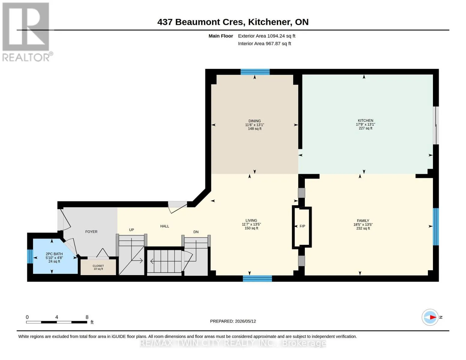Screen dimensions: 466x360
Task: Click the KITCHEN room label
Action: coord(365,121)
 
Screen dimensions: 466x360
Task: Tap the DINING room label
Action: coord(254,121)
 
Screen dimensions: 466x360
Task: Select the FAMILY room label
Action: coord(363,220)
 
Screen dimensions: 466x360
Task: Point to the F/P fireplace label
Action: coord(302,226)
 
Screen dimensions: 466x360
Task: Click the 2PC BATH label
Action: coord(54,254)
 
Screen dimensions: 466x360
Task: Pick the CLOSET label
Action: coord(98,266)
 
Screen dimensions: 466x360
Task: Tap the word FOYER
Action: coord(91,232)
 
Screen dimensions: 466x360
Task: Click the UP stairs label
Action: coord(131,229)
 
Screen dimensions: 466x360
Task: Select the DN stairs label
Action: coord(196,232)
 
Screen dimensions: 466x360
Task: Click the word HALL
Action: coord(165,226)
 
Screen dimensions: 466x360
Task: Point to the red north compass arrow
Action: coord(433,317)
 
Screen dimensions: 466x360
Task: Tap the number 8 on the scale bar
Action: coord(87,317)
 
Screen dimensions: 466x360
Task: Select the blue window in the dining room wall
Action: coord(255,72)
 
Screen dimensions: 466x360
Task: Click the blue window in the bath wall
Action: coord(30,256)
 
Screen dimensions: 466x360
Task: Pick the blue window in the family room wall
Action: coord(436,226)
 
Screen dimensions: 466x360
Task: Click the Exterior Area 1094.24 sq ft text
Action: coord(266,36)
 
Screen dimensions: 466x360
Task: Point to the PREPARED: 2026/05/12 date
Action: coord(233,321)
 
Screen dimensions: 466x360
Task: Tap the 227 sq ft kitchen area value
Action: coord(365,128)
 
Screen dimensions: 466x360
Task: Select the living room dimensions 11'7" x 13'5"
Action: coord(251,224)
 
